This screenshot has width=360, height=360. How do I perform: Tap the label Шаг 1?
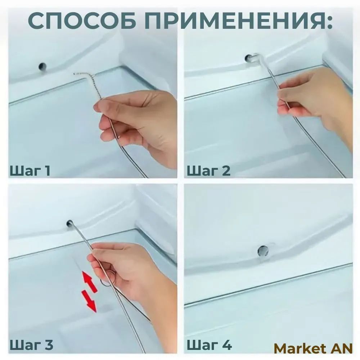pyautogui.click(x=30, y=171)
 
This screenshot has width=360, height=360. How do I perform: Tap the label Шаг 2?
pyautogui.click(x=208, y=171)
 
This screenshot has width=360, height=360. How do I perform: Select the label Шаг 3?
pyautogui.click(x=31, y=345)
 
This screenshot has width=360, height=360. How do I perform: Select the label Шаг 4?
pyautogui.click(x=209, y=345)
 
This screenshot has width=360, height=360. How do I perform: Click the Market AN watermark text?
pyautogui.click(x=313, y=348)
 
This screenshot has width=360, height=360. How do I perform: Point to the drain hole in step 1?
pyautogui.click(x=42, y=67)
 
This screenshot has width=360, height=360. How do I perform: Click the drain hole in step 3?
pyautogui.click(x=69, y=223)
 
